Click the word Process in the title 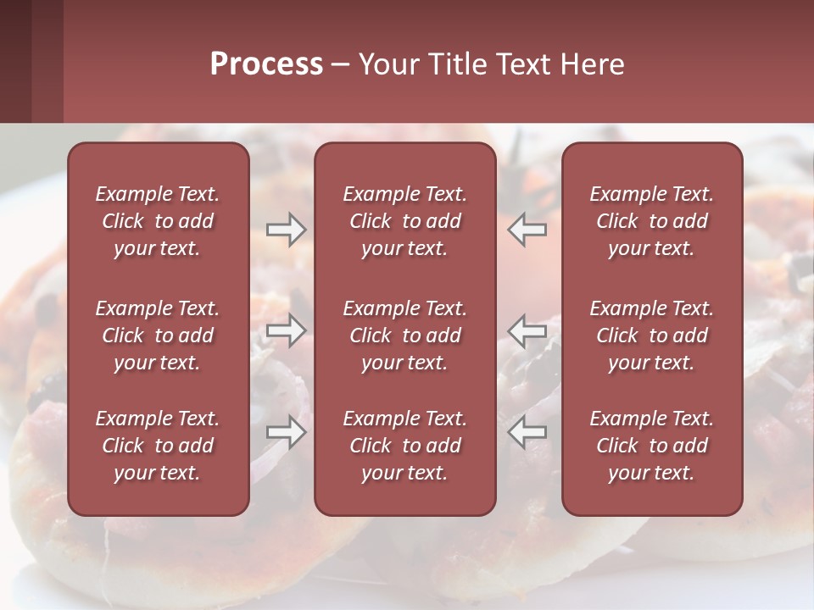click(x=266, y=64)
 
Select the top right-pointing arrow click(x=286, y=230)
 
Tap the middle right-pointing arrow click(x=286, y=330)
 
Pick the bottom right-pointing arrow click(x=286, y=432)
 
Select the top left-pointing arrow click(x=527, y=230)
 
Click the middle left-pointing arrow click(x=527, y=330)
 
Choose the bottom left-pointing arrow click(x=527, y=432)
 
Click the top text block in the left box click(x=158, y=221)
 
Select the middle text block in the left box click(x=158, y=335)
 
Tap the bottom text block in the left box click(x=158, y=446)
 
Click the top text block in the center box click(x=404, y=221)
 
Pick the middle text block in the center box click(x=404, y=335)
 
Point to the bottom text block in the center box click(x=404, y=446)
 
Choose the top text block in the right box click(x=651, y=221)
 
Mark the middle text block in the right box click(x=651, y=335)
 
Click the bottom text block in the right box click(x=651, y=446)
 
